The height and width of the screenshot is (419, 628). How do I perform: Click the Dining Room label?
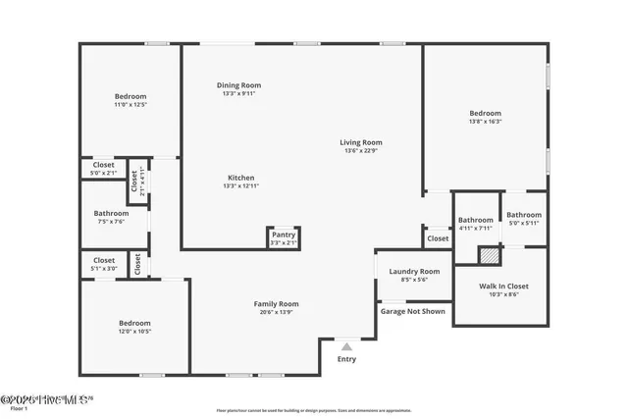coord(239,85)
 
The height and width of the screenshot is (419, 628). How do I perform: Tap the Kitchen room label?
coord(239,177)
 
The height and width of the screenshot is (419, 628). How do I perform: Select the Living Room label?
coord(361,142)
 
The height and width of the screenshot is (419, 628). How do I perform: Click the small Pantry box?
coord(284,237)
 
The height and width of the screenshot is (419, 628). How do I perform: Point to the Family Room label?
coord(276,304)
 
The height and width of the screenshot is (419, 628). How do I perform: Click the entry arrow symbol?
coord(346,345)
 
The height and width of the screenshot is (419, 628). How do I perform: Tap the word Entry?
coord(346,359)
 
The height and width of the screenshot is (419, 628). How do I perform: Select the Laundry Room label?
coord(414,271)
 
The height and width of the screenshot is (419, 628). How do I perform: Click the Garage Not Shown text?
coord(413,311)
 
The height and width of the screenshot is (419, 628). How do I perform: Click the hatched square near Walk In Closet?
coord(489,254)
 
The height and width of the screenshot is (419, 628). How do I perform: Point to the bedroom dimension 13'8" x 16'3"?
coord(485,122)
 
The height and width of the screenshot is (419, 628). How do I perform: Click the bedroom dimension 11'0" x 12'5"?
coord(131,104)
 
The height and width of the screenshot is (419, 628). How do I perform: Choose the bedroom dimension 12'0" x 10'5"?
coord(134,331)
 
